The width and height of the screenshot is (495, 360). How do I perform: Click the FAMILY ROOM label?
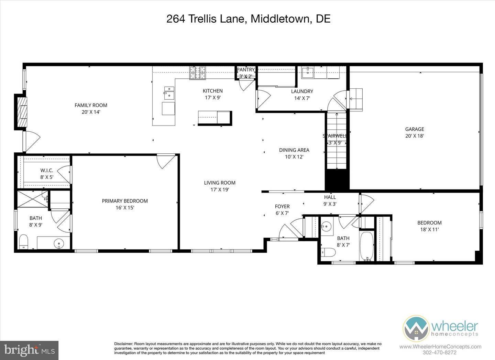coord(91,105)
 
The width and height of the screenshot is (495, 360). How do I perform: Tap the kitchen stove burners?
coord(197,73)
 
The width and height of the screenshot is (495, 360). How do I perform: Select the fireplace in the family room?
coord(21,112)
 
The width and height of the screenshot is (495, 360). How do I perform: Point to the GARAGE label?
coord(415,129)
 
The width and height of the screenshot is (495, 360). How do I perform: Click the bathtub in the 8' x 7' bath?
coord(366,246)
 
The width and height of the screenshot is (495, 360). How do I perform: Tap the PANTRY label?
coord(246,69)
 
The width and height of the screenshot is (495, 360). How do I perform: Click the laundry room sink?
coord(308,72)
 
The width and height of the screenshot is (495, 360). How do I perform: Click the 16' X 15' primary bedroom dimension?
coord(125,208)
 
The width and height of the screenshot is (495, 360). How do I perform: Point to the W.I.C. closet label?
coord(47,171)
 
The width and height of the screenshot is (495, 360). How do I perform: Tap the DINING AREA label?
coord(294,150)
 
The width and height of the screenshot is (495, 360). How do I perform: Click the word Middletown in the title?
coord(279,19)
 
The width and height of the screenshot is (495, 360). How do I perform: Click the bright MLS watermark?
coord(30,350)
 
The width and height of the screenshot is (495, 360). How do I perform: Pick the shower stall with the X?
coord(32,199)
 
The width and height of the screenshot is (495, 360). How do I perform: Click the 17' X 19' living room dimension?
coord(220,189)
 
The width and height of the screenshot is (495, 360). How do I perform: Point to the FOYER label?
coord(282,206)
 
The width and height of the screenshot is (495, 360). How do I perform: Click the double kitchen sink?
coord(169,92)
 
